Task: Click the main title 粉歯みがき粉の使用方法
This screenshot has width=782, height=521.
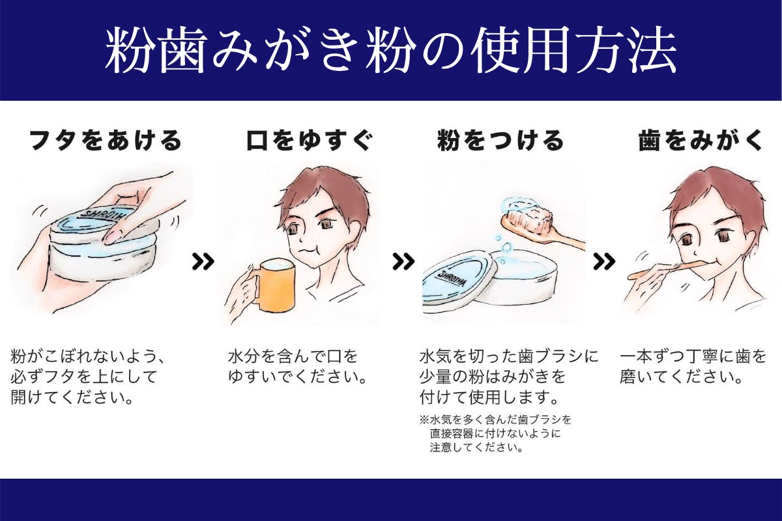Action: [391, 50]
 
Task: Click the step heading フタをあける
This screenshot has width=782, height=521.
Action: [105, 141]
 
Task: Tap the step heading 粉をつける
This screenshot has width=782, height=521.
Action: [500, 141]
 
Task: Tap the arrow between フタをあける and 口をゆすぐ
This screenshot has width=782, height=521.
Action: [203, 262]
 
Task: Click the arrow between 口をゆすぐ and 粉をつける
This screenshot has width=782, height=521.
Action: [403, 262]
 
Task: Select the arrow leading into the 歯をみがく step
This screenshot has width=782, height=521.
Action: [604, 262]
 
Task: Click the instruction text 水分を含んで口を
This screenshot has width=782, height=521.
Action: [293, 358]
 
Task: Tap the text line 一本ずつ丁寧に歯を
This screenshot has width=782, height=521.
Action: [693, 358]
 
